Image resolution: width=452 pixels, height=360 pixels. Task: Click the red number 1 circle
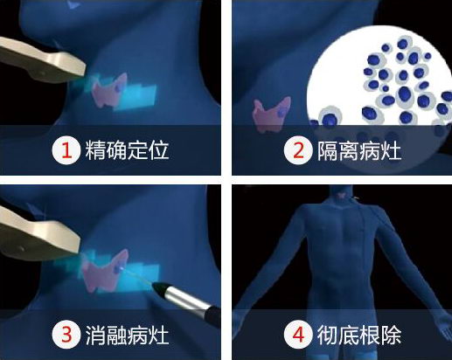65,149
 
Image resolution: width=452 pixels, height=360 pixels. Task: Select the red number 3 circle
65,334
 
